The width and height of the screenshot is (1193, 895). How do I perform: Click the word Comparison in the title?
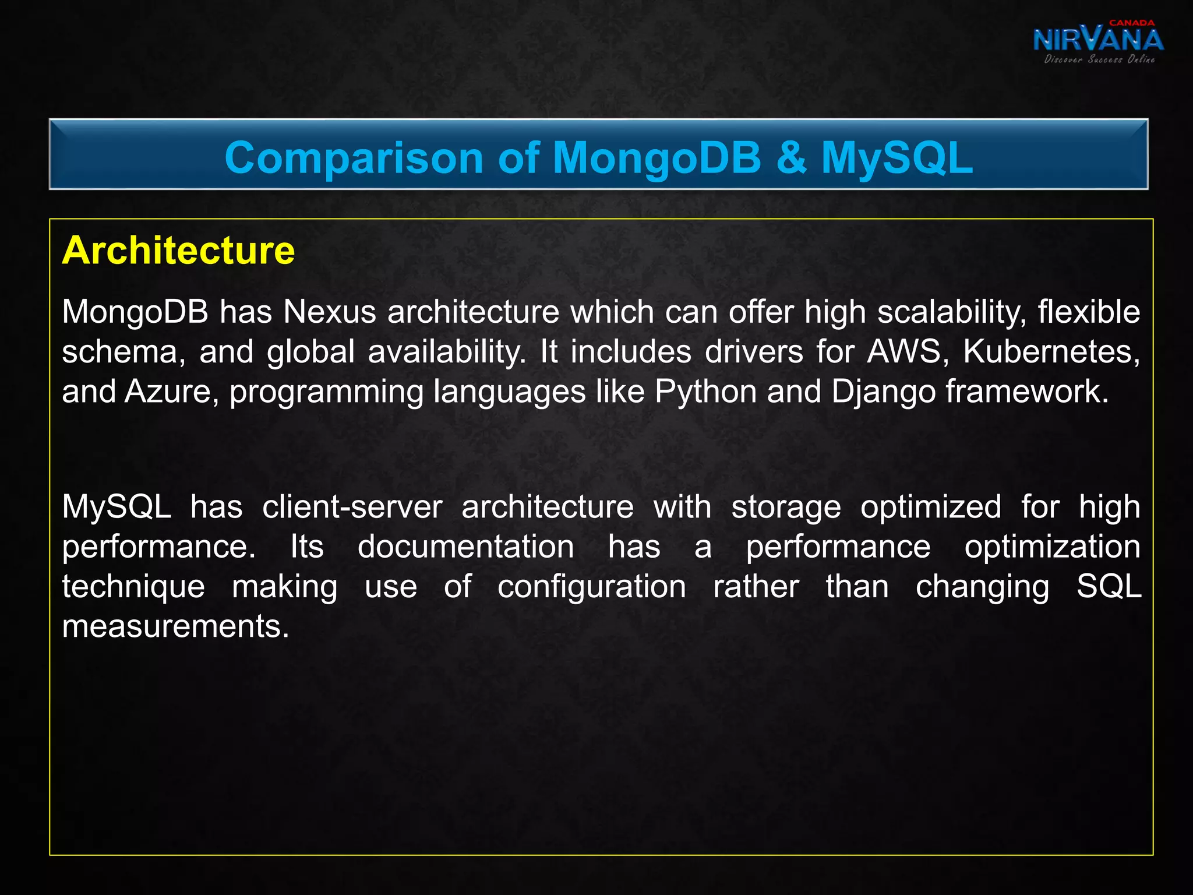354,158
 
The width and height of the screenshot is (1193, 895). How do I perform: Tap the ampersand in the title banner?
791,158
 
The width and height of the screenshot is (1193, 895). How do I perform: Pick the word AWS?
903,352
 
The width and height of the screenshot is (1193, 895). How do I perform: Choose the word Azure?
168,392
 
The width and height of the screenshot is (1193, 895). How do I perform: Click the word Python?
705,392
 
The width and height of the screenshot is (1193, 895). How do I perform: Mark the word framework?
1027,392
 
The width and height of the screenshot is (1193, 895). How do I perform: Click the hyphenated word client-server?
352,507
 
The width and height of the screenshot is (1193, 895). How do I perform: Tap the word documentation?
465,547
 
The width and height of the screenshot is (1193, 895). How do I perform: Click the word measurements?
175,626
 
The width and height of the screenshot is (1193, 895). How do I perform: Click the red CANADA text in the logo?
1131,23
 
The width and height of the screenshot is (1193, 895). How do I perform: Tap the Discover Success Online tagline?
1099,59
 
